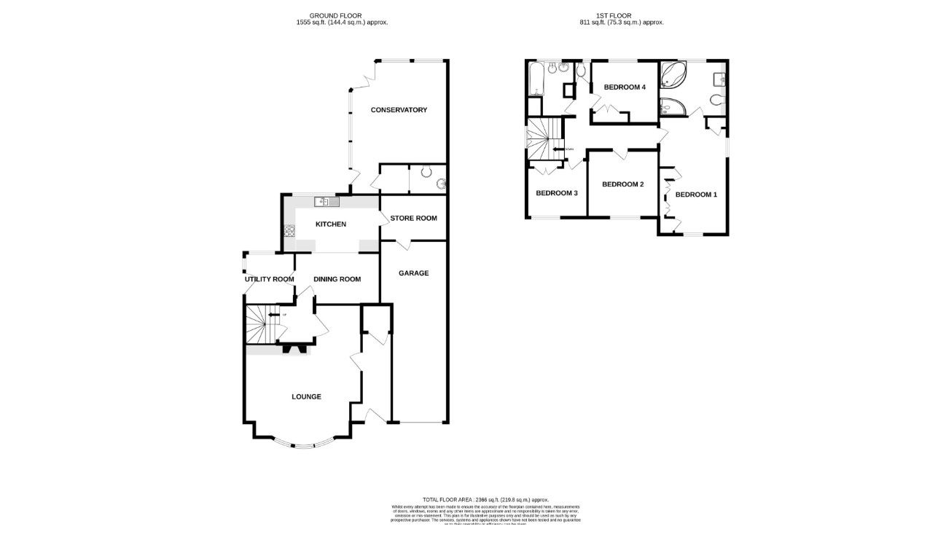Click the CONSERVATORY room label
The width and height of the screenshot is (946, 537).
tap(399, 110)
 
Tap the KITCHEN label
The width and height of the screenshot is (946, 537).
tap(330, 224)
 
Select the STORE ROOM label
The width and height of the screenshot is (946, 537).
tap(413, 219)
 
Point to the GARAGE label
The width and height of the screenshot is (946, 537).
tap(413, 273)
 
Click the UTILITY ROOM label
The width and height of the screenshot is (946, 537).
tap(269, 279)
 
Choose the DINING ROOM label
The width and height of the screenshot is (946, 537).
tap(337, 279)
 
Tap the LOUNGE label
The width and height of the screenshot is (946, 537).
tap(306, 397)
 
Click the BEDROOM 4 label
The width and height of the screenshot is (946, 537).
tap(625, 87)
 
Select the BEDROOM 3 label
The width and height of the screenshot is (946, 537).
tap(557, 194)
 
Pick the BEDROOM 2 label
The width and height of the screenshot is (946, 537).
tap(622, 184)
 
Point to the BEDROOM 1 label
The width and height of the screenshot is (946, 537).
tap(696, 195)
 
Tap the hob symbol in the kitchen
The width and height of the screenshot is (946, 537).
tap(289, 232)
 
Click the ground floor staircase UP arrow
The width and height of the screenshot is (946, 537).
tap(273, 315)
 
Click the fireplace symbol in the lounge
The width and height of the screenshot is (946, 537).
tap(294, 348)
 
